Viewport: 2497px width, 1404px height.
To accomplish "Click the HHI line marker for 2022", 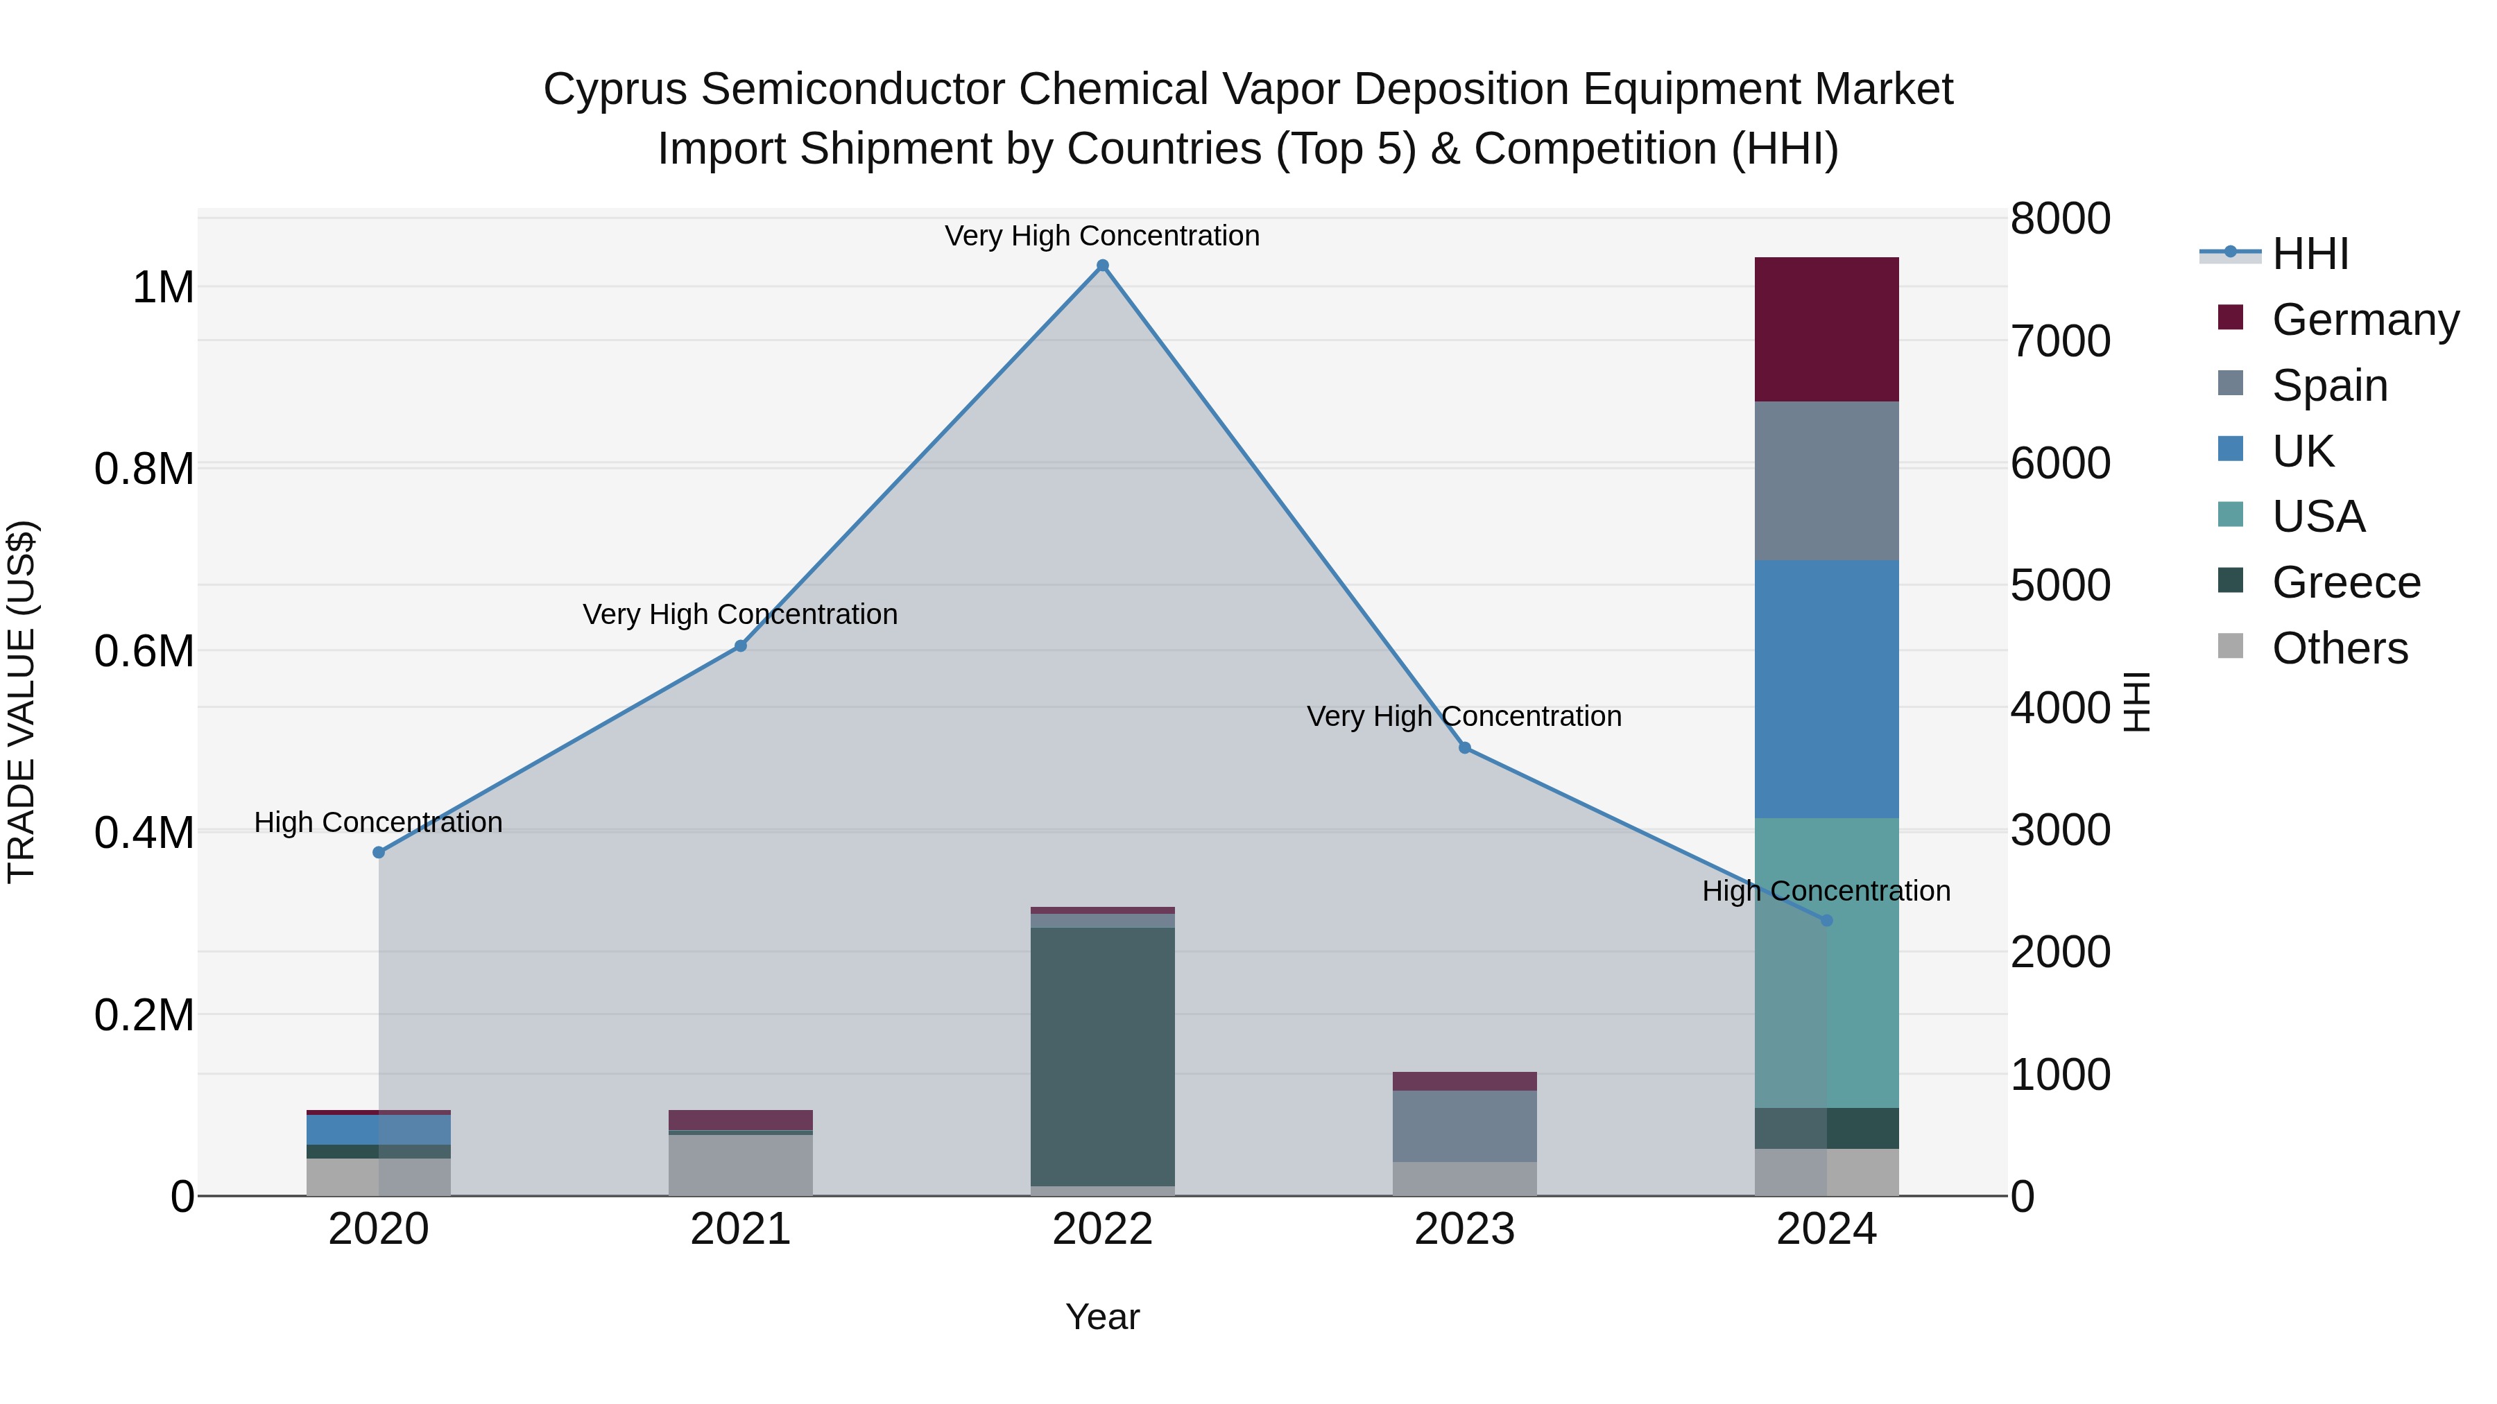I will (x=1102, y=266).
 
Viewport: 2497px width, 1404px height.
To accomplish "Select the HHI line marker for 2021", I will (x=741, y=646).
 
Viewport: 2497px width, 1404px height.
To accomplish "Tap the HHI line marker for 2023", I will (x=1465, y=748).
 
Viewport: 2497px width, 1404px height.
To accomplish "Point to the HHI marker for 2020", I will (x=379, y=853).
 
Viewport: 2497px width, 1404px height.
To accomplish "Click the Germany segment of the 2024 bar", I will (x=1826, y=329).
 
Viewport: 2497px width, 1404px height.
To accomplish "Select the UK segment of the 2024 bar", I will (x=1826, y=689).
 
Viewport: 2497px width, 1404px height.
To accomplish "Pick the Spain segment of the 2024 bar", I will (x=1826, y=480).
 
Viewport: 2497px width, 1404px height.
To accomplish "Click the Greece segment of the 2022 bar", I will (x=1102, y=1056).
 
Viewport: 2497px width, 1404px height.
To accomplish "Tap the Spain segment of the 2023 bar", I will (x=1465, y=1126).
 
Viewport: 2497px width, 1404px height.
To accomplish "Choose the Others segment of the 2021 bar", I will (x=741, y=1165).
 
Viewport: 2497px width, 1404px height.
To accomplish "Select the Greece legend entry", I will (x=2345, y=582).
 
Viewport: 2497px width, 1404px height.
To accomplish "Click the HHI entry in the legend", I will (x=2309, y=254).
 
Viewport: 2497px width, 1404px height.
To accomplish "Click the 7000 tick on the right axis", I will (x=2060, y=341).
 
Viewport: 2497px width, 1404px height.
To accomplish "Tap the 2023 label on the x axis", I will (x=1465, y=1229).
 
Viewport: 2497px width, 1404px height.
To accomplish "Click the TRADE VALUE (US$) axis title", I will (x=22, y=702).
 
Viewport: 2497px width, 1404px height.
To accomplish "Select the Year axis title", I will (x=1102, y=1317).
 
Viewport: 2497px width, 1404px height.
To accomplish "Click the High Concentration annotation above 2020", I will (x=378, y=822).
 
